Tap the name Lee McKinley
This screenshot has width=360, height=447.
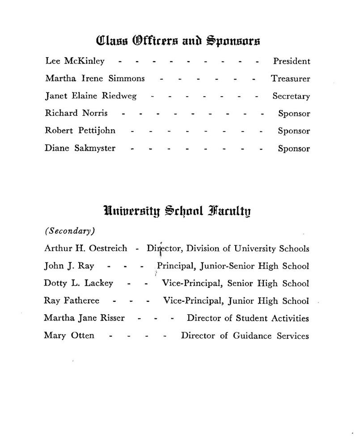pyautogui.click(x=75, y=61)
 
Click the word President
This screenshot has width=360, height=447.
pyautogui.click(x=291, y=61)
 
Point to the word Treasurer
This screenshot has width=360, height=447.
pyautogui.click(x=290, y=79)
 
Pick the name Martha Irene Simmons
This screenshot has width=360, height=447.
pyautogui.click(x=95, y=79)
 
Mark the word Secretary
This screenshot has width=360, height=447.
pyautogui.click(x=291, y=96)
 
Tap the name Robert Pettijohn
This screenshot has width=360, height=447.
pyautogui.click(x=80, y=131)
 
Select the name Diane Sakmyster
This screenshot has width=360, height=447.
pyautogui.click(x=80, y=148)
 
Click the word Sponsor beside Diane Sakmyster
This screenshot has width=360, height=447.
pyautogui.click(x=294, y=148)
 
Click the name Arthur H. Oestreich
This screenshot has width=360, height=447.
pyautogui.click(x=86, y=248)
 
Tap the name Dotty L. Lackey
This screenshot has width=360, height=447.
pyautogui.click(x=78, y=283)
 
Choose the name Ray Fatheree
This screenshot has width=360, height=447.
pyautogui.click(x=72, y=301)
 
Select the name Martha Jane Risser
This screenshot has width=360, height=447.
pyautogui.click(x=84, y=318)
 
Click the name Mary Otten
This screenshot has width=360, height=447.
pyautogui.click(x=69, y=335)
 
